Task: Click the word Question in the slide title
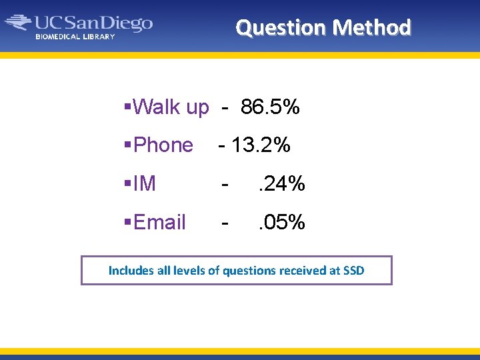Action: (x=281, y=27)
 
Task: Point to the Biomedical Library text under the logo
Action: (x=75, y=37)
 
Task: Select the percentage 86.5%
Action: (x=270, y=107)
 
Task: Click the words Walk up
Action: (x=171, y=107)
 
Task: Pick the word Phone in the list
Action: (x=163, y=145)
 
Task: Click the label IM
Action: (x=145, y=184)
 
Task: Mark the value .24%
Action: (x=282, y=184)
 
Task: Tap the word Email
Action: (x=159, y=223)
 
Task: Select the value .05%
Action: (x=282, y=223)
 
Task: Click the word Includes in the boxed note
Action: (x=131, y=271)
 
